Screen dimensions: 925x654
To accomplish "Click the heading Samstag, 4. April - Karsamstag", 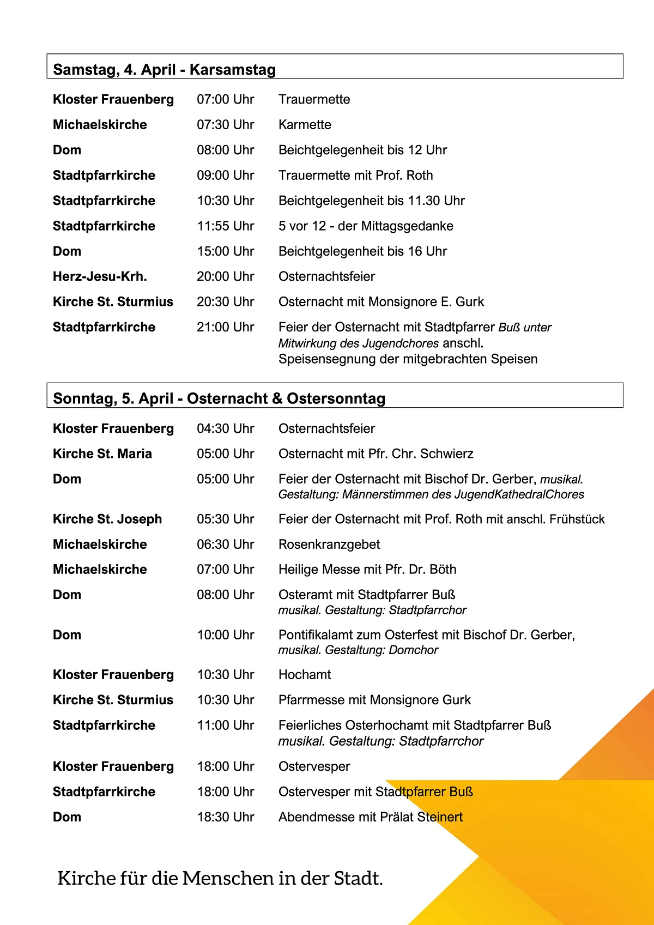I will tap(165, 70).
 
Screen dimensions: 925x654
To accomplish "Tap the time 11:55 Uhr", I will tap(225, 226).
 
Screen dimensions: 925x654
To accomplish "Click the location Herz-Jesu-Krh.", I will tap(100, 276).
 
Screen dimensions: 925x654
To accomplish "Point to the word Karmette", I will tap(305, 124).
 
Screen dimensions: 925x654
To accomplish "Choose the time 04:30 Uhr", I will tap(225, 428).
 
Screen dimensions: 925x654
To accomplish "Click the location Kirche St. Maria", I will tap(102, 454).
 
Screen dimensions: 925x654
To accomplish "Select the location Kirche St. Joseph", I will tap(107, 519).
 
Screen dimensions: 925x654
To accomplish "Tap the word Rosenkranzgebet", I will tap(329, 544).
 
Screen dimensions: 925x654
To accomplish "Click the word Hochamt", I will tap(305, 674).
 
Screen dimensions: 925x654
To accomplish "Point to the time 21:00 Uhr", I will tap(225, 327).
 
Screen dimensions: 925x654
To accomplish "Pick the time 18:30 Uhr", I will tap(225, 817).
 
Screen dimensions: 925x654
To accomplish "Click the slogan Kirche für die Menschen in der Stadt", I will tap(220, 878).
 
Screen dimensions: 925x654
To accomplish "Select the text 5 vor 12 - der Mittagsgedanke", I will tap(366, 226).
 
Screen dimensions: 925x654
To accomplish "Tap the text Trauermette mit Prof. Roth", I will tap(356, 175).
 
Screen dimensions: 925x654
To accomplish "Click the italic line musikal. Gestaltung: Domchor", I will tap(358, 650).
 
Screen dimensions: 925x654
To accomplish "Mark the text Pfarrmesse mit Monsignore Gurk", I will tap(374, 700).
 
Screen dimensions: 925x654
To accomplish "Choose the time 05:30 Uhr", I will tap(225, 519).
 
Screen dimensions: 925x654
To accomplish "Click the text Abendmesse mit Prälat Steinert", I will tap(371, 817).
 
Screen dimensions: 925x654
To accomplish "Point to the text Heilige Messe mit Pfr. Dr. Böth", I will tap(367, 569).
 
